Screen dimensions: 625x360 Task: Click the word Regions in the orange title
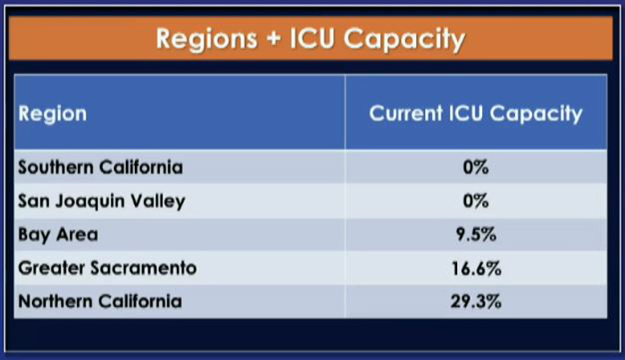click(206, 39)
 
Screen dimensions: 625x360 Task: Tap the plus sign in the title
click(273, 39)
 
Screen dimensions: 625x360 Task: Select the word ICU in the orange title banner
click(312, 38)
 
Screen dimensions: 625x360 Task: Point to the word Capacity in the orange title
click(404, 39)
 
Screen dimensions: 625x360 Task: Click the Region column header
click(52, 114)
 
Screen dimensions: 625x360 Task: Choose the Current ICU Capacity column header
click(476, 113)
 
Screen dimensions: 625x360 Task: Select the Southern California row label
click(100, 167)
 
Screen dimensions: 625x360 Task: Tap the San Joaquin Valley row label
click(102, 201)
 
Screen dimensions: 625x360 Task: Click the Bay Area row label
click(58, 235)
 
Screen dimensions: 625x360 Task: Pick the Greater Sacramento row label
click(108, 268)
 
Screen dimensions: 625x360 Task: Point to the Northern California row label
click(100, 301)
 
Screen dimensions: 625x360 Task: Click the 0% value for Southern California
click(476, 167)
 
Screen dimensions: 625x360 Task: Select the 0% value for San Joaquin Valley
click(476, 201)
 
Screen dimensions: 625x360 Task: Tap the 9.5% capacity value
click(476, 234)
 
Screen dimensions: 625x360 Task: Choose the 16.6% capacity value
click(476, 268)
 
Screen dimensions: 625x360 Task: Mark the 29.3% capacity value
click(476, 301)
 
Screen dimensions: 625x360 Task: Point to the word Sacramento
click(144, 268)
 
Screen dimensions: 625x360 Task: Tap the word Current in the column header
click(405, 113)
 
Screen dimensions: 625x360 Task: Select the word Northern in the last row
click(55, 301)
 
